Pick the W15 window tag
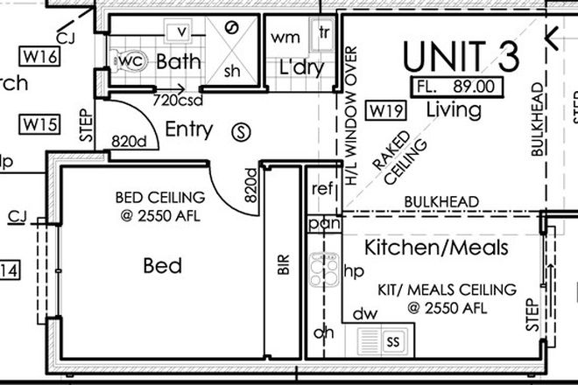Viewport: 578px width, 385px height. [40, 123]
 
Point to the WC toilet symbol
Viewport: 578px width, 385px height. [129, 61]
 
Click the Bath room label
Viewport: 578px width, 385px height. [179, 62]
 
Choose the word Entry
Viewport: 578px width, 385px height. [188, 130]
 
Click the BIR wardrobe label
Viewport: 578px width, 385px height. [283, 266]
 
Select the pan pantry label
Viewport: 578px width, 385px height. [322, 223]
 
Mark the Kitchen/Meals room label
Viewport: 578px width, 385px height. [435, 248]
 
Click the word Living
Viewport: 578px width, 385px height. [453, 110]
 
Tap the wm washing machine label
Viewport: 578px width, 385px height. [285, 37]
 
